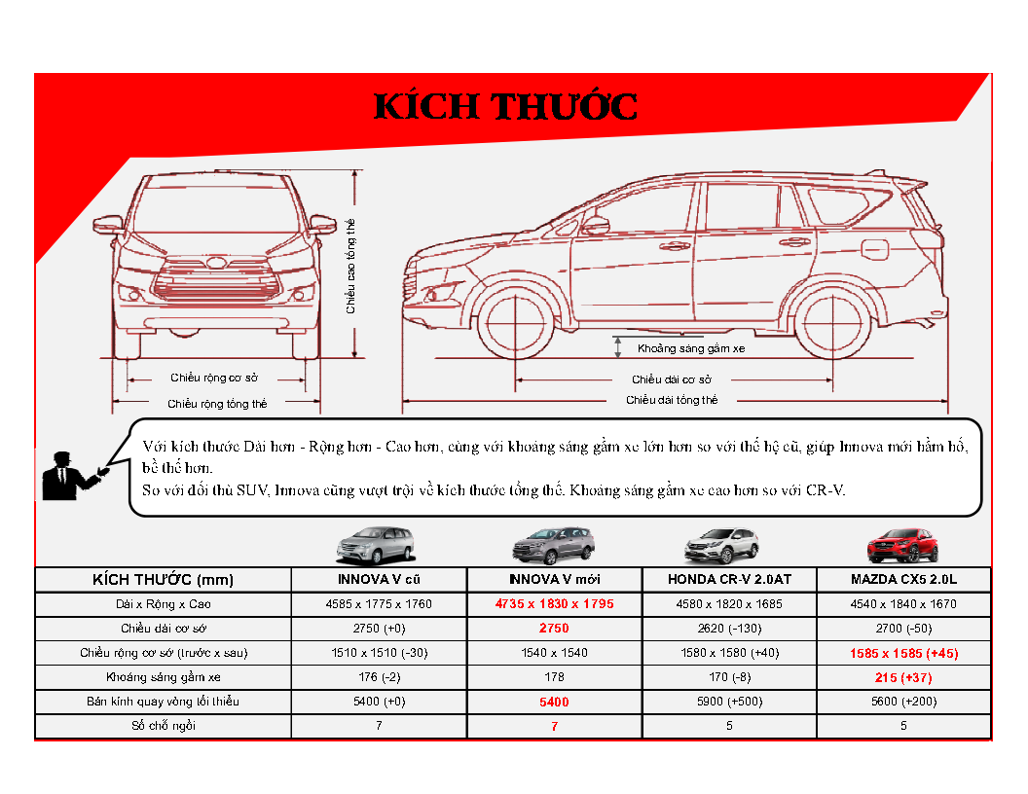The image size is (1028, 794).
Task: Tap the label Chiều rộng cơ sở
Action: (214, 378)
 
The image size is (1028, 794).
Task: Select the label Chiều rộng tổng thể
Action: (217, 404)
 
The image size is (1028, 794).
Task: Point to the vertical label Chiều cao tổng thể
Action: (350, 266)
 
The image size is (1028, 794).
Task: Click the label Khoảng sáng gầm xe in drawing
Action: (691, 348)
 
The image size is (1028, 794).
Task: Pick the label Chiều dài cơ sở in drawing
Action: (672, 379)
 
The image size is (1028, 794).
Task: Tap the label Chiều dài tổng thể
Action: (672, 400)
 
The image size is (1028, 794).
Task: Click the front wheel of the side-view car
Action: (515, 324)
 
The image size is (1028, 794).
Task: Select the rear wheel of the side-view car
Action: (832, 324)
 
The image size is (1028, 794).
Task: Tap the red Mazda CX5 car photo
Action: (902, 546)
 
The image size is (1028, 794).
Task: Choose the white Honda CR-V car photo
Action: (721, 546)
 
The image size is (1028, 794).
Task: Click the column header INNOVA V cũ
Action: (379, 580)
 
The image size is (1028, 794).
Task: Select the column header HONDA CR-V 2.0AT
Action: (729, 580)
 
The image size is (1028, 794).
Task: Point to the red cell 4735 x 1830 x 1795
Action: (554, 604)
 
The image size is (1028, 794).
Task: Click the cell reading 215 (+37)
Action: (903, 677)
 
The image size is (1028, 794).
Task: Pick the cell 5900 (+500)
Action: (729, 702)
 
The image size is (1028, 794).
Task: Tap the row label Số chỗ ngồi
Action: (164, 726)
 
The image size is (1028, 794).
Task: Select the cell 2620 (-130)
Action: (729, 629)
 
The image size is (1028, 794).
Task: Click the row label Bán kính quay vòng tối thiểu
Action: (163, 702)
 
